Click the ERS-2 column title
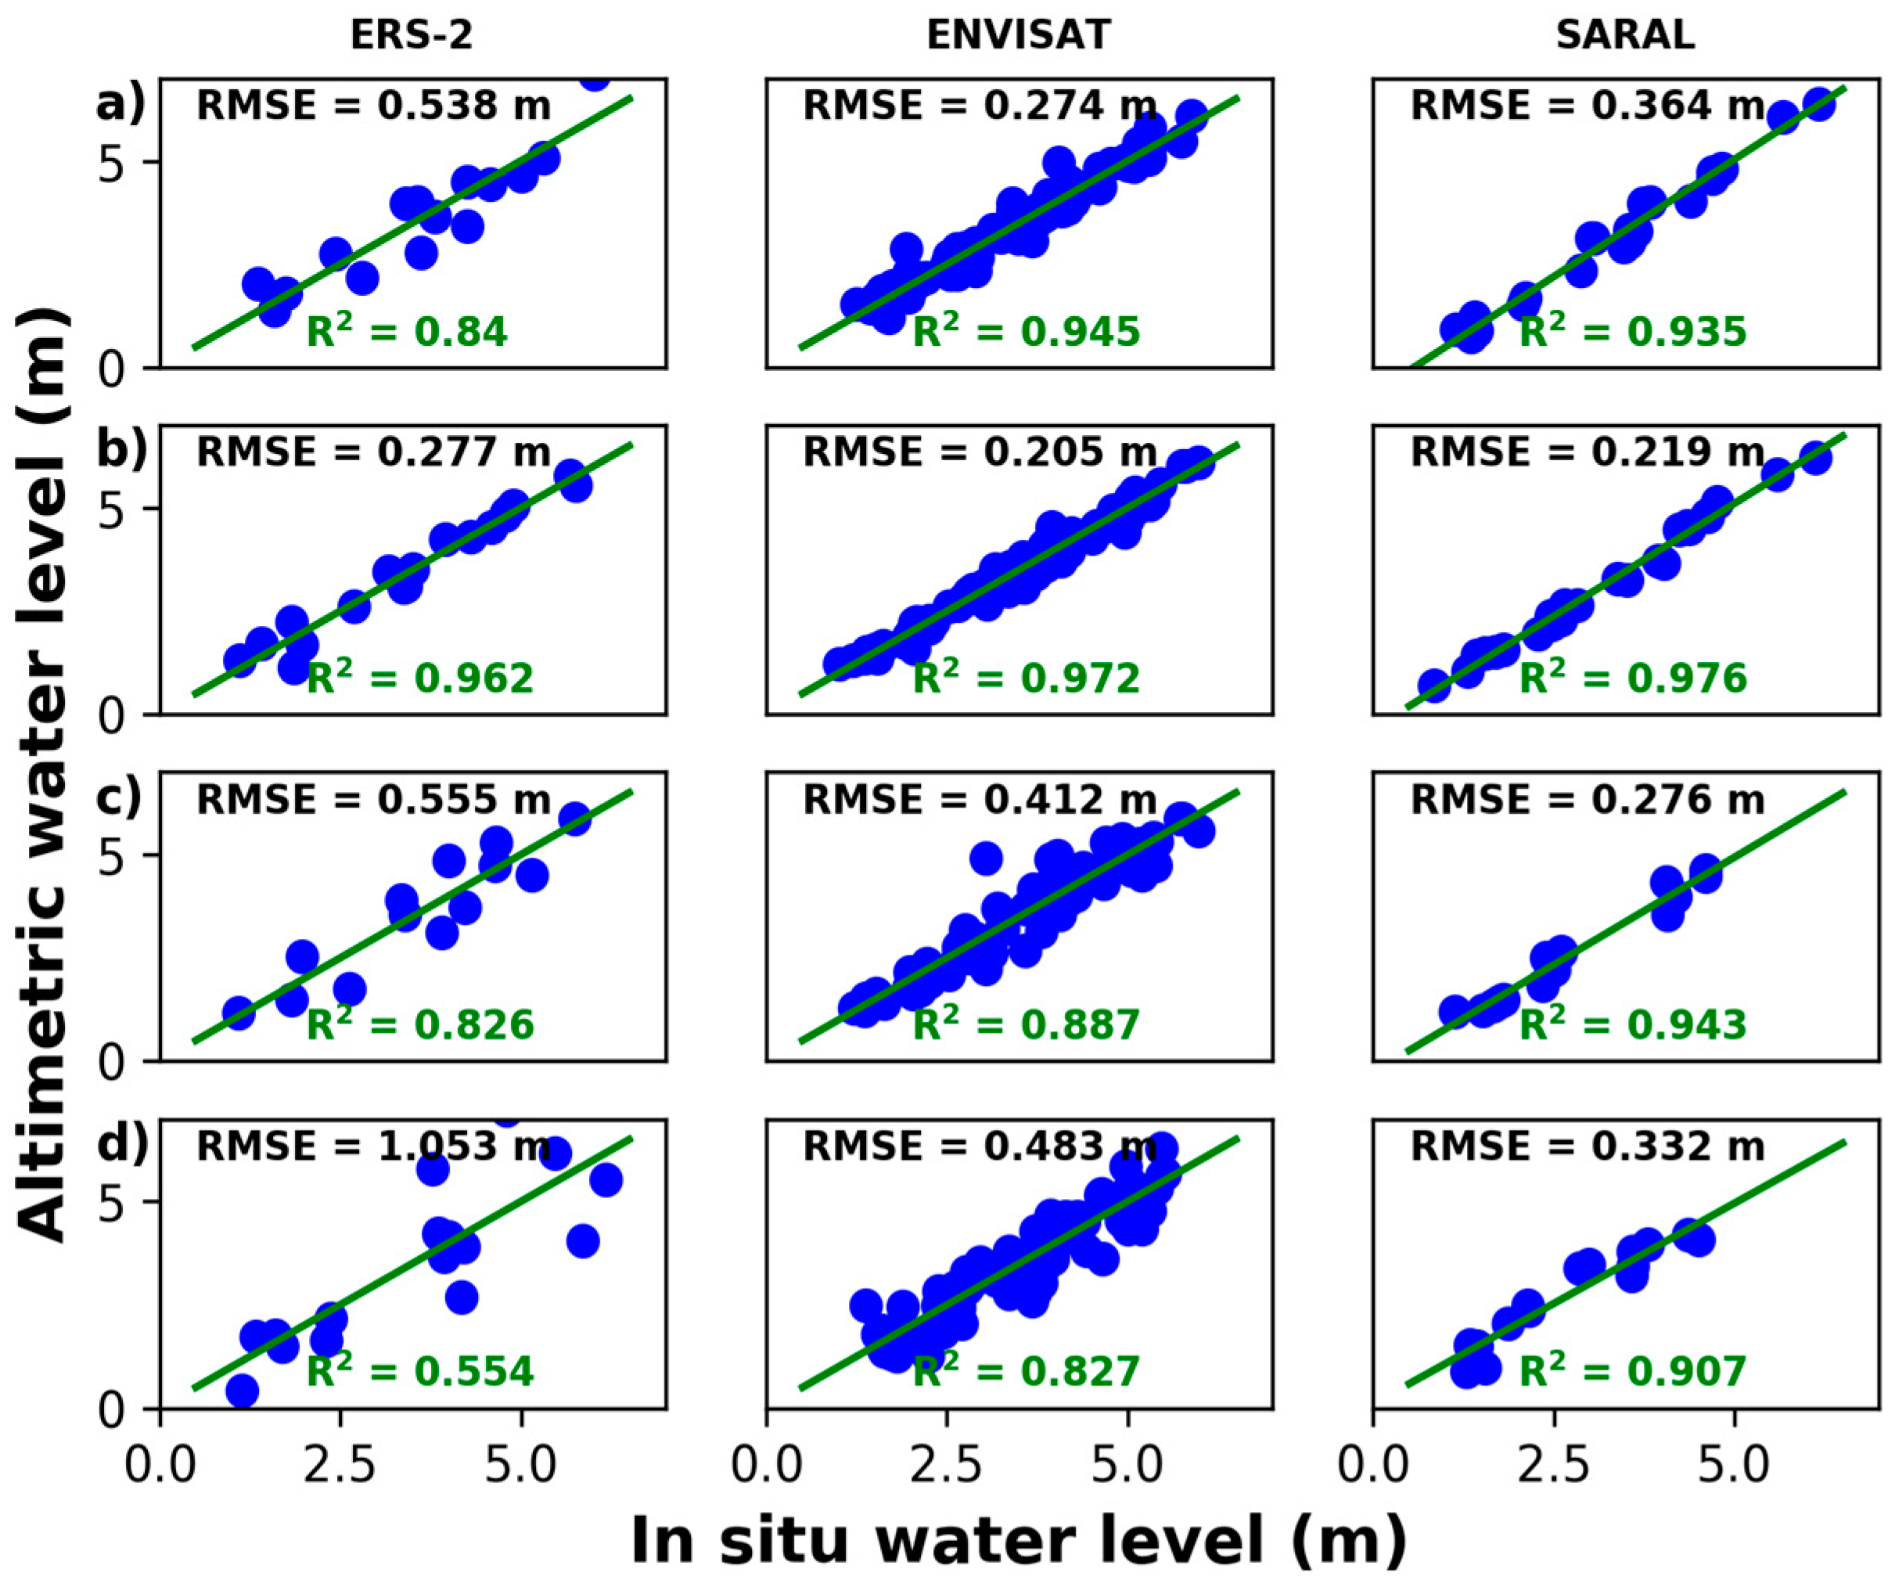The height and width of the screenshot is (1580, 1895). coord(412,35)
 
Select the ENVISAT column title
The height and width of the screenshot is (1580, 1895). coord(1019,35)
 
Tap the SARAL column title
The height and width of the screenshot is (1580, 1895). coord(1625,35)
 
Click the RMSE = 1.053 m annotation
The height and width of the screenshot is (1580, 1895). coord(373,1147)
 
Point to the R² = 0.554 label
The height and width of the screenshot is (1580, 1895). coord(420,1369)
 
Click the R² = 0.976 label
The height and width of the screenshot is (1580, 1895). coord(1634,678)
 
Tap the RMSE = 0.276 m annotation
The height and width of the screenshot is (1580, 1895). coord(1588,800)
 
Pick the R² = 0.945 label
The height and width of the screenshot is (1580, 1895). coord(1027,331)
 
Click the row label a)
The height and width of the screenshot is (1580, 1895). coord(120,105)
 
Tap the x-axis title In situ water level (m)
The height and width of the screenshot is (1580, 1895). coord(1019,1539)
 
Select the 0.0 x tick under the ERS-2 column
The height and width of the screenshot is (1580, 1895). coord(160,1467)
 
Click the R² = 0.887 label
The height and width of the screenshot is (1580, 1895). coord(1027,1024)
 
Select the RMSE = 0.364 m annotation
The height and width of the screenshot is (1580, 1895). coord(1588,106)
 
